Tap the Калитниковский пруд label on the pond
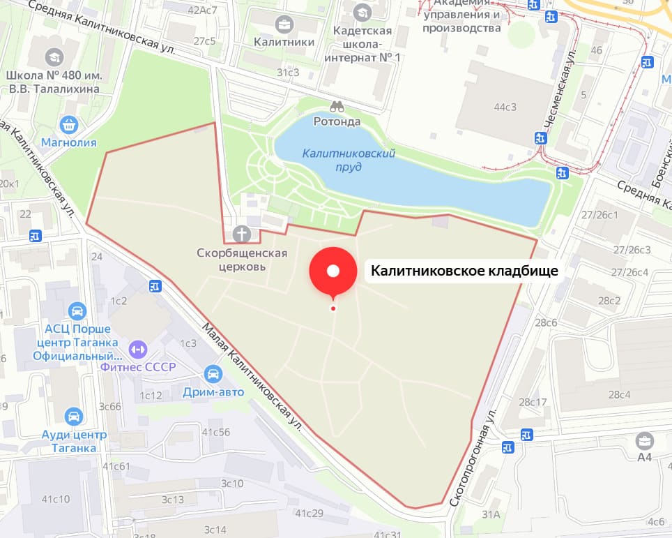[x=349, y=160]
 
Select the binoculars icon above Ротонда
[x=337, y=107]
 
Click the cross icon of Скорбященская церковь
[x=242, y=234]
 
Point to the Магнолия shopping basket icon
[x=68, y=126]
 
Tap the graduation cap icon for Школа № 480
[x=53, y=56]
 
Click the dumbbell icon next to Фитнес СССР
[x=136, y=348]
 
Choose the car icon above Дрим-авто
[x=214, y=374]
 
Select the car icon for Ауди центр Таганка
[x=72, y=417]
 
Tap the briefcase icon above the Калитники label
[x=284, y=25]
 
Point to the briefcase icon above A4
[x=644, y=440]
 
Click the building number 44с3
[x=505, y=107]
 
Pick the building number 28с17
[x=532, y=402]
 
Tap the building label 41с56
[x=216, y=432]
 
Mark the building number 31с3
[x=288, y=72]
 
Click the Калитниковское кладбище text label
[x=464, y=271]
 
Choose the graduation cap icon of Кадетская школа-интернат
[x=362, y=12]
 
